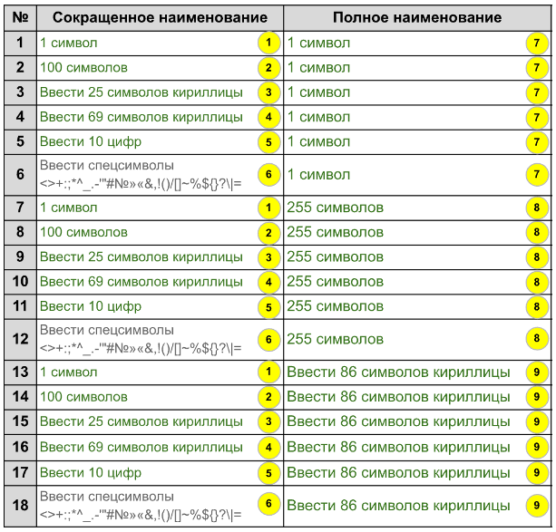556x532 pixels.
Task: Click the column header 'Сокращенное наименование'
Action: coord(159,17)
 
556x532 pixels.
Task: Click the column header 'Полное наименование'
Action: coord(417,17)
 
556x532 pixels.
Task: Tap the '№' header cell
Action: coord(19,17)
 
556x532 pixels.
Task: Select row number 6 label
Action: coord(19,173)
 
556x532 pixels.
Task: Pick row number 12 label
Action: coord(19,339)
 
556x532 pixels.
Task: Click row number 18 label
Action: coord(19,504)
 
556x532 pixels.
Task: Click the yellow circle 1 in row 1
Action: coord(268,43)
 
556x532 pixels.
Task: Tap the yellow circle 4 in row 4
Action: coord(268,117)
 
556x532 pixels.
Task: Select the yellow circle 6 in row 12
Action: coord(268,339)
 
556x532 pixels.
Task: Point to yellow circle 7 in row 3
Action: coord(538,92)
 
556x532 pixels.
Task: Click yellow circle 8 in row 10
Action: coord(538,283)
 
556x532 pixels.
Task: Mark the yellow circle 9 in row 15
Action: coord(538,421)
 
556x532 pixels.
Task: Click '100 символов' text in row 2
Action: coord(83,67)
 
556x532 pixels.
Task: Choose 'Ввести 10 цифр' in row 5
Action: coord(91,141)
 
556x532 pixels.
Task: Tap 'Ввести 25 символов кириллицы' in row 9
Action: coord(141,257)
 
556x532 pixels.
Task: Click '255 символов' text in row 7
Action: coord(335,208)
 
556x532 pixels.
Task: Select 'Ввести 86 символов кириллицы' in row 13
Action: coord(392,372)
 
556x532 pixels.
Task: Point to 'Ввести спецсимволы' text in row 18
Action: coord(106,497)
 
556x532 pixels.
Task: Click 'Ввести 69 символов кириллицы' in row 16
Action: coord(141,446)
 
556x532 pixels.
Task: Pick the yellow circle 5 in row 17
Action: coord(268,471)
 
